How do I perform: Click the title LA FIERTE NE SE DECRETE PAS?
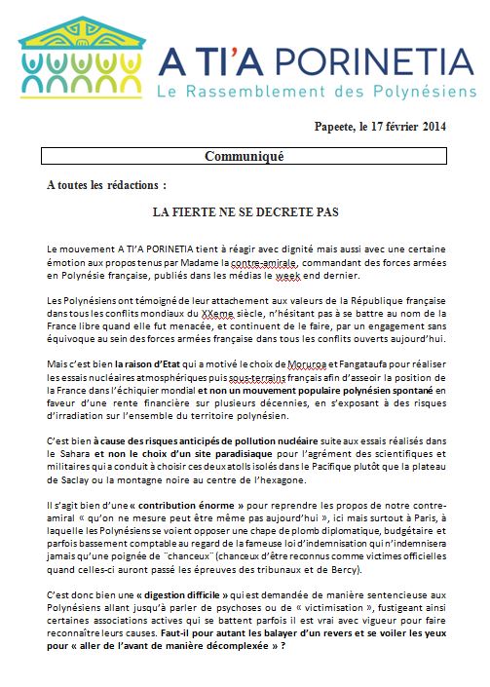click(245, 210)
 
